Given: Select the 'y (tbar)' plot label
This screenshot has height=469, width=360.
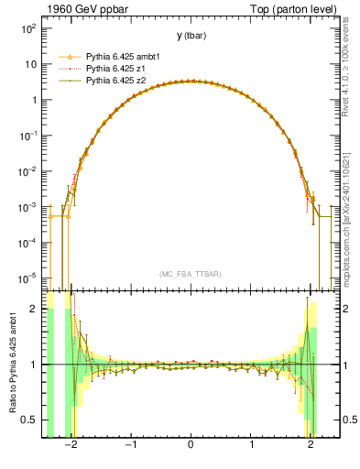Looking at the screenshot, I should click(191, 36).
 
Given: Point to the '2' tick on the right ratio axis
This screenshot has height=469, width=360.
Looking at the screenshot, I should click(347, 309).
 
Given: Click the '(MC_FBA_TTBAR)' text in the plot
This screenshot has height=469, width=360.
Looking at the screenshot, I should click(191, 274).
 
